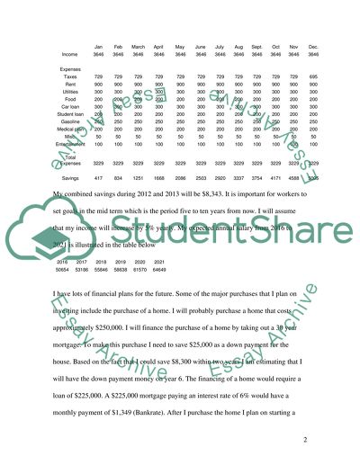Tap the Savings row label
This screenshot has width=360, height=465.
coord(68,153)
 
